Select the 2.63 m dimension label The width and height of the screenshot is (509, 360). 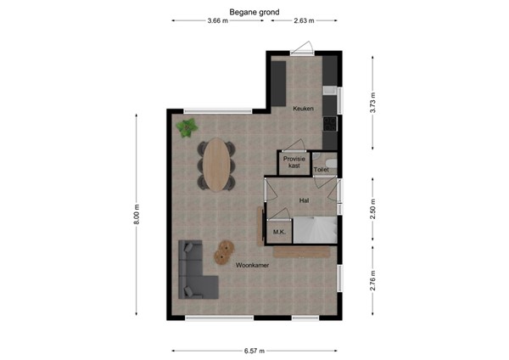(x=303, y=20)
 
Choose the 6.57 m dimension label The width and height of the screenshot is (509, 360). (x=255, y=350)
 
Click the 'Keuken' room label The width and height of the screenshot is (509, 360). (x=303, y=110)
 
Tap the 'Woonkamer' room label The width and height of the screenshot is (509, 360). (x=253, y=266)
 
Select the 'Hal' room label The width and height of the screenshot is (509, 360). (x=303, y=200)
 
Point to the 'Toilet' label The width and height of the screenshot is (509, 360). (x=322, y=170)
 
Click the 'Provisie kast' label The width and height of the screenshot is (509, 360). (x=294, y=162)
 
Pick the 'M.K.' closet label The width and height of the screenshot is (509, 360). (x=277, y=232)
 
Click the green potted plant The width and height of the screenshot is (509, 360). (x=187, y=127)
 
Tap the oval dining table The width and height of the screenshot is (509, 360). (x=221, y=164)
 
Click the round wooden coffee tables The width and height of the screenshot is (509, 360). (x=224, y=251)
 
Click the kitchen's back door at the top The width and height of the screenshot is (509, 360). (x=302, y=49)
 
